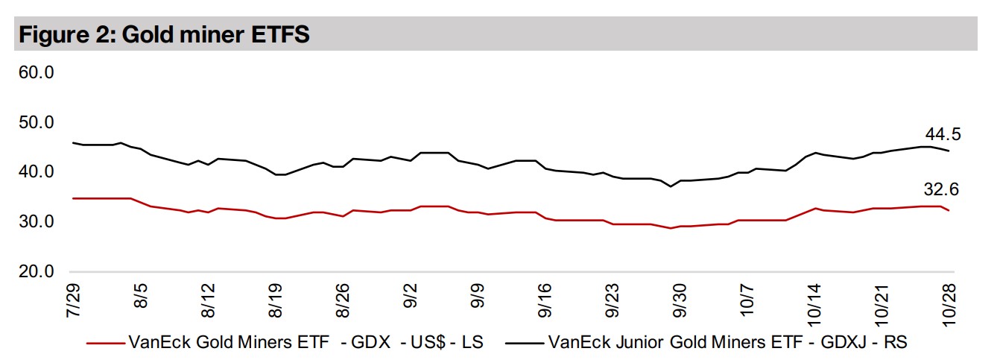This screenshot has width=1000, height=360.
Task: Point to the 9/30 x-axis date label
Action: click(681, 300)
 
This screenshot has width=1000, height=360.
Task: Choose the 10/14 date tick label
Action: click(814, 303)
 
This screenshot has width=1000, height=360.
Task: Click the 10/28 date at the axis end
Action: click(950, 303)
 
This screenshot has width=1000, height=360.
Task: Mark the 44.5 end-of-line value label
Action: click(943, 135)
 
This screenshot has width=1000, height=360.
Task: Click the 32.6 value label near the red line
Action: click(943, 191)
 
